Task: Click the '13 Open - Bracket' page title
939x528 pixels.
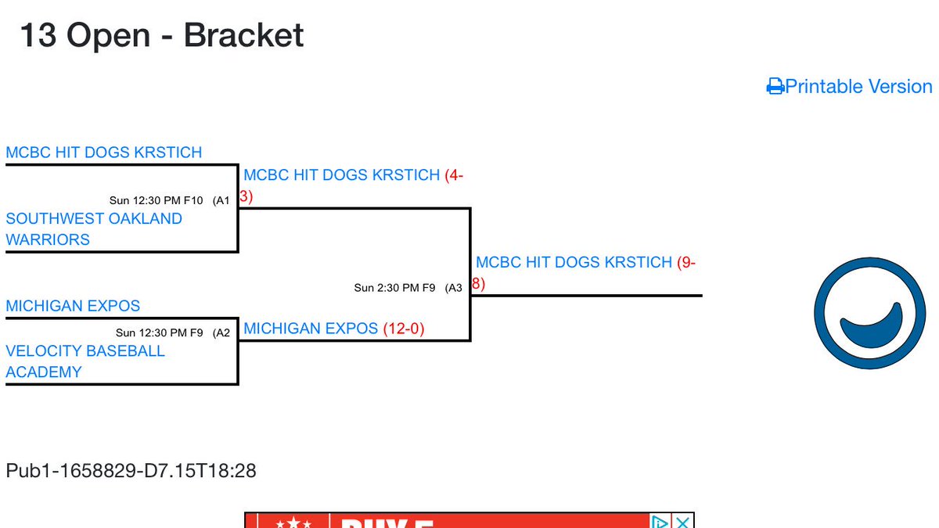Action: (162, 36)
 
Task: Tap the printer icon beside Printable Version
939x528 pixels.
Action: (775, 87)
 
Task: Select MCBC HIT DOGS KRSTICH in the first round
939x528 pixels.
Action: (104, 153)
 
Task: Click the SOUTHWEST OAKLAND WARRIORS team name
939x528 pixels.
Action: (94, 229)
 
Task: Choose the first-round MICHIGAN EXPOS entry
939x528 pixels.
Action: (73, 306)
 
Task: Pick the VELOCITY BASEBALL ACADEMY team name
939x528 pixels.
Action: (85, 361)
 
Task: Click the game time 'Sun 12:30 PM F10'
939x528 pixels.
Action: (156, 201)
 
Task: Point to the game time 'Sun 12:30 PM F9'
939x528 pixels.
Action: (160, 332)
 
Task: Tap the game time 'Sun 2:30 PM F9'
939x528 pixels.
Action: (394, 288)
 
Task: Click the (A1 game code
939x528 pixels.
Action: (221, 201)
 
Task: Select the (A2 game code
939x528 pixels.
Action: (221, 332)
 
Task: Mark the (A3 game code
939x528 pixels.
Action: (453, 288)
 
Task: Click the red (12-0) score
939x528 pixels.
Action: (404, 329)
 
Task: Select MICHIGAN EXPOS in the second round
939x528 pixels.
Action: (311, 329)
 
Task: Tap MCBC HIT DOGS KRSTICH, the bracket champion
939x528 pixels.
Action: (574, 262)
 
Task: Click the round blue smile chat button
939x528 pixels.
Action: (869, 314)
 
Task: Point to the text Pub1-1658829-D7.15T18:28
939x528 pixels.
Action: (131, 471)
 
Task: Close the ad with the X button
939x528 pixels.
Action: (683, 521)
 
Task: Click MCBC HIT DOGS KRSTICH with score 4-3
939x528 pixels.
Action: (342, 175)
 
